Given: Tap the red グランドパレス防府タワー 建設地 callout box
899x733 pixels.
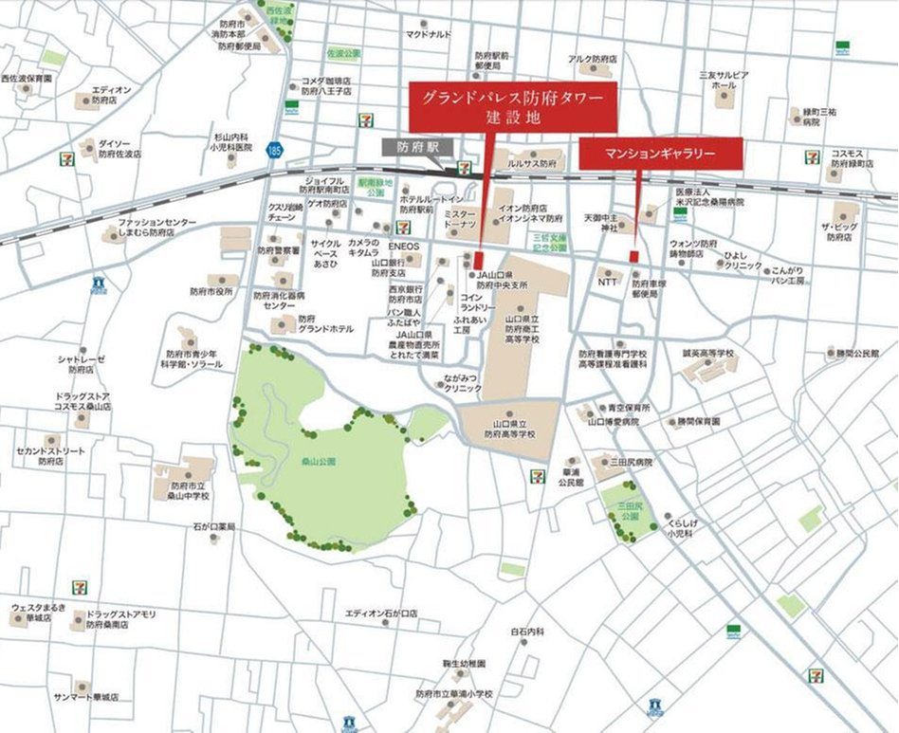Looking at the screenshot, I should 513,106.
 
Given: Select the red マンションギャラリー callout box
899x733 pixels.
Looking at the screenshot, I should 659,153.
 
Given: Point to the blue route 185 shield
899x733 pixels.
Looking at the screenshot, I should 274,149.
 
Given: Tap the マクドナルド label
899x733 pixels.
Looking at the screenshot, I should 428,34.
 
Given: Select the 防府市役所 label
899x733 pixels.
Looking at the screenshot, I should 211,292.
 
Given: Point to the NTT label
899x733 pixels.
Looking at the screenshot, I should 608,282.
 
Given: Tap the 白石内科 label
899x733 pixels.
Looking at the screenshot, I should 527,632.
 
